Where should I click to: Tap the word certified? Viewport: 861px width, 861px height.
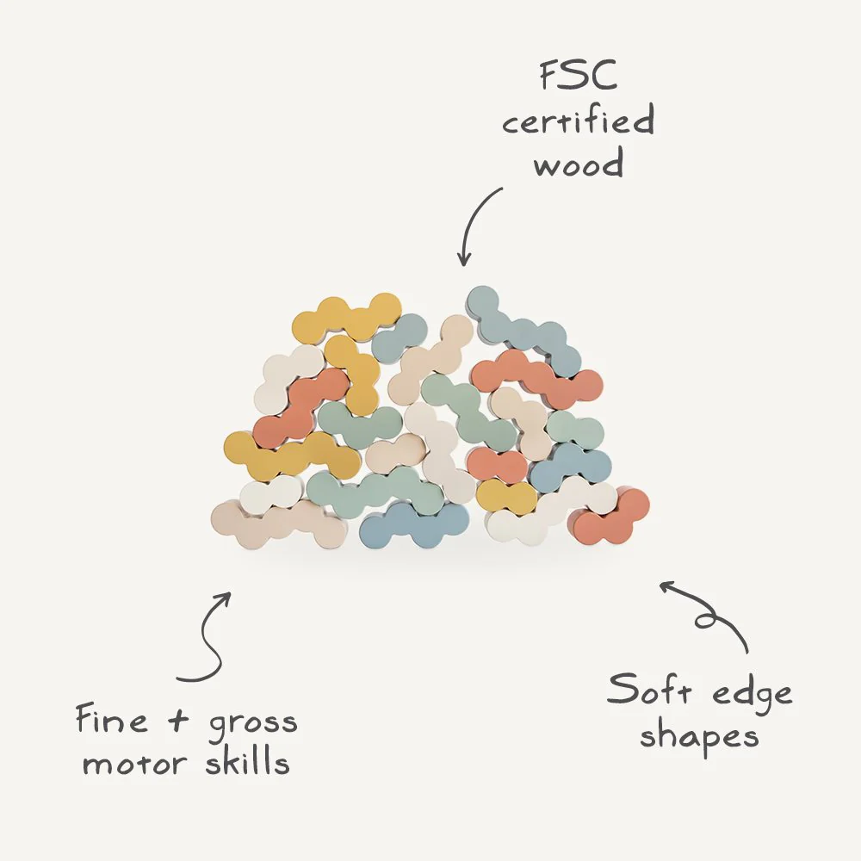tap(579, 121)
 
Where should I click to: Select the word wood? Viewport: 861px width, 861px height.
tap(579, 163)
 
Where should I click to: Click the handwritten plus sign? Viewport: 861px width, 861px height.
tap(178, 720)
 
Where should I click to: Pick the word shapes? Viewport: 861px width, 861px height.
tap(699, 736)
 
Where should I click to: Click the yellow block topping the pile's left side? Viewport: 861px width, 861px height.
tap(346, 319)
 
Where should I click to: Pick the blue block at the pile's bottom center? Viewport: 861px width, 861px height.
tap(414, 525)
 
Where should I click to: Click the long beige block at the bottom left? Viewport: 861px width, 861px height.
tap(280, 523)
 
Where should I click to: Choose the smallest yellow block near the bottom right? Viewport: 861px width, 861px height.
tap(506, 495)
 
